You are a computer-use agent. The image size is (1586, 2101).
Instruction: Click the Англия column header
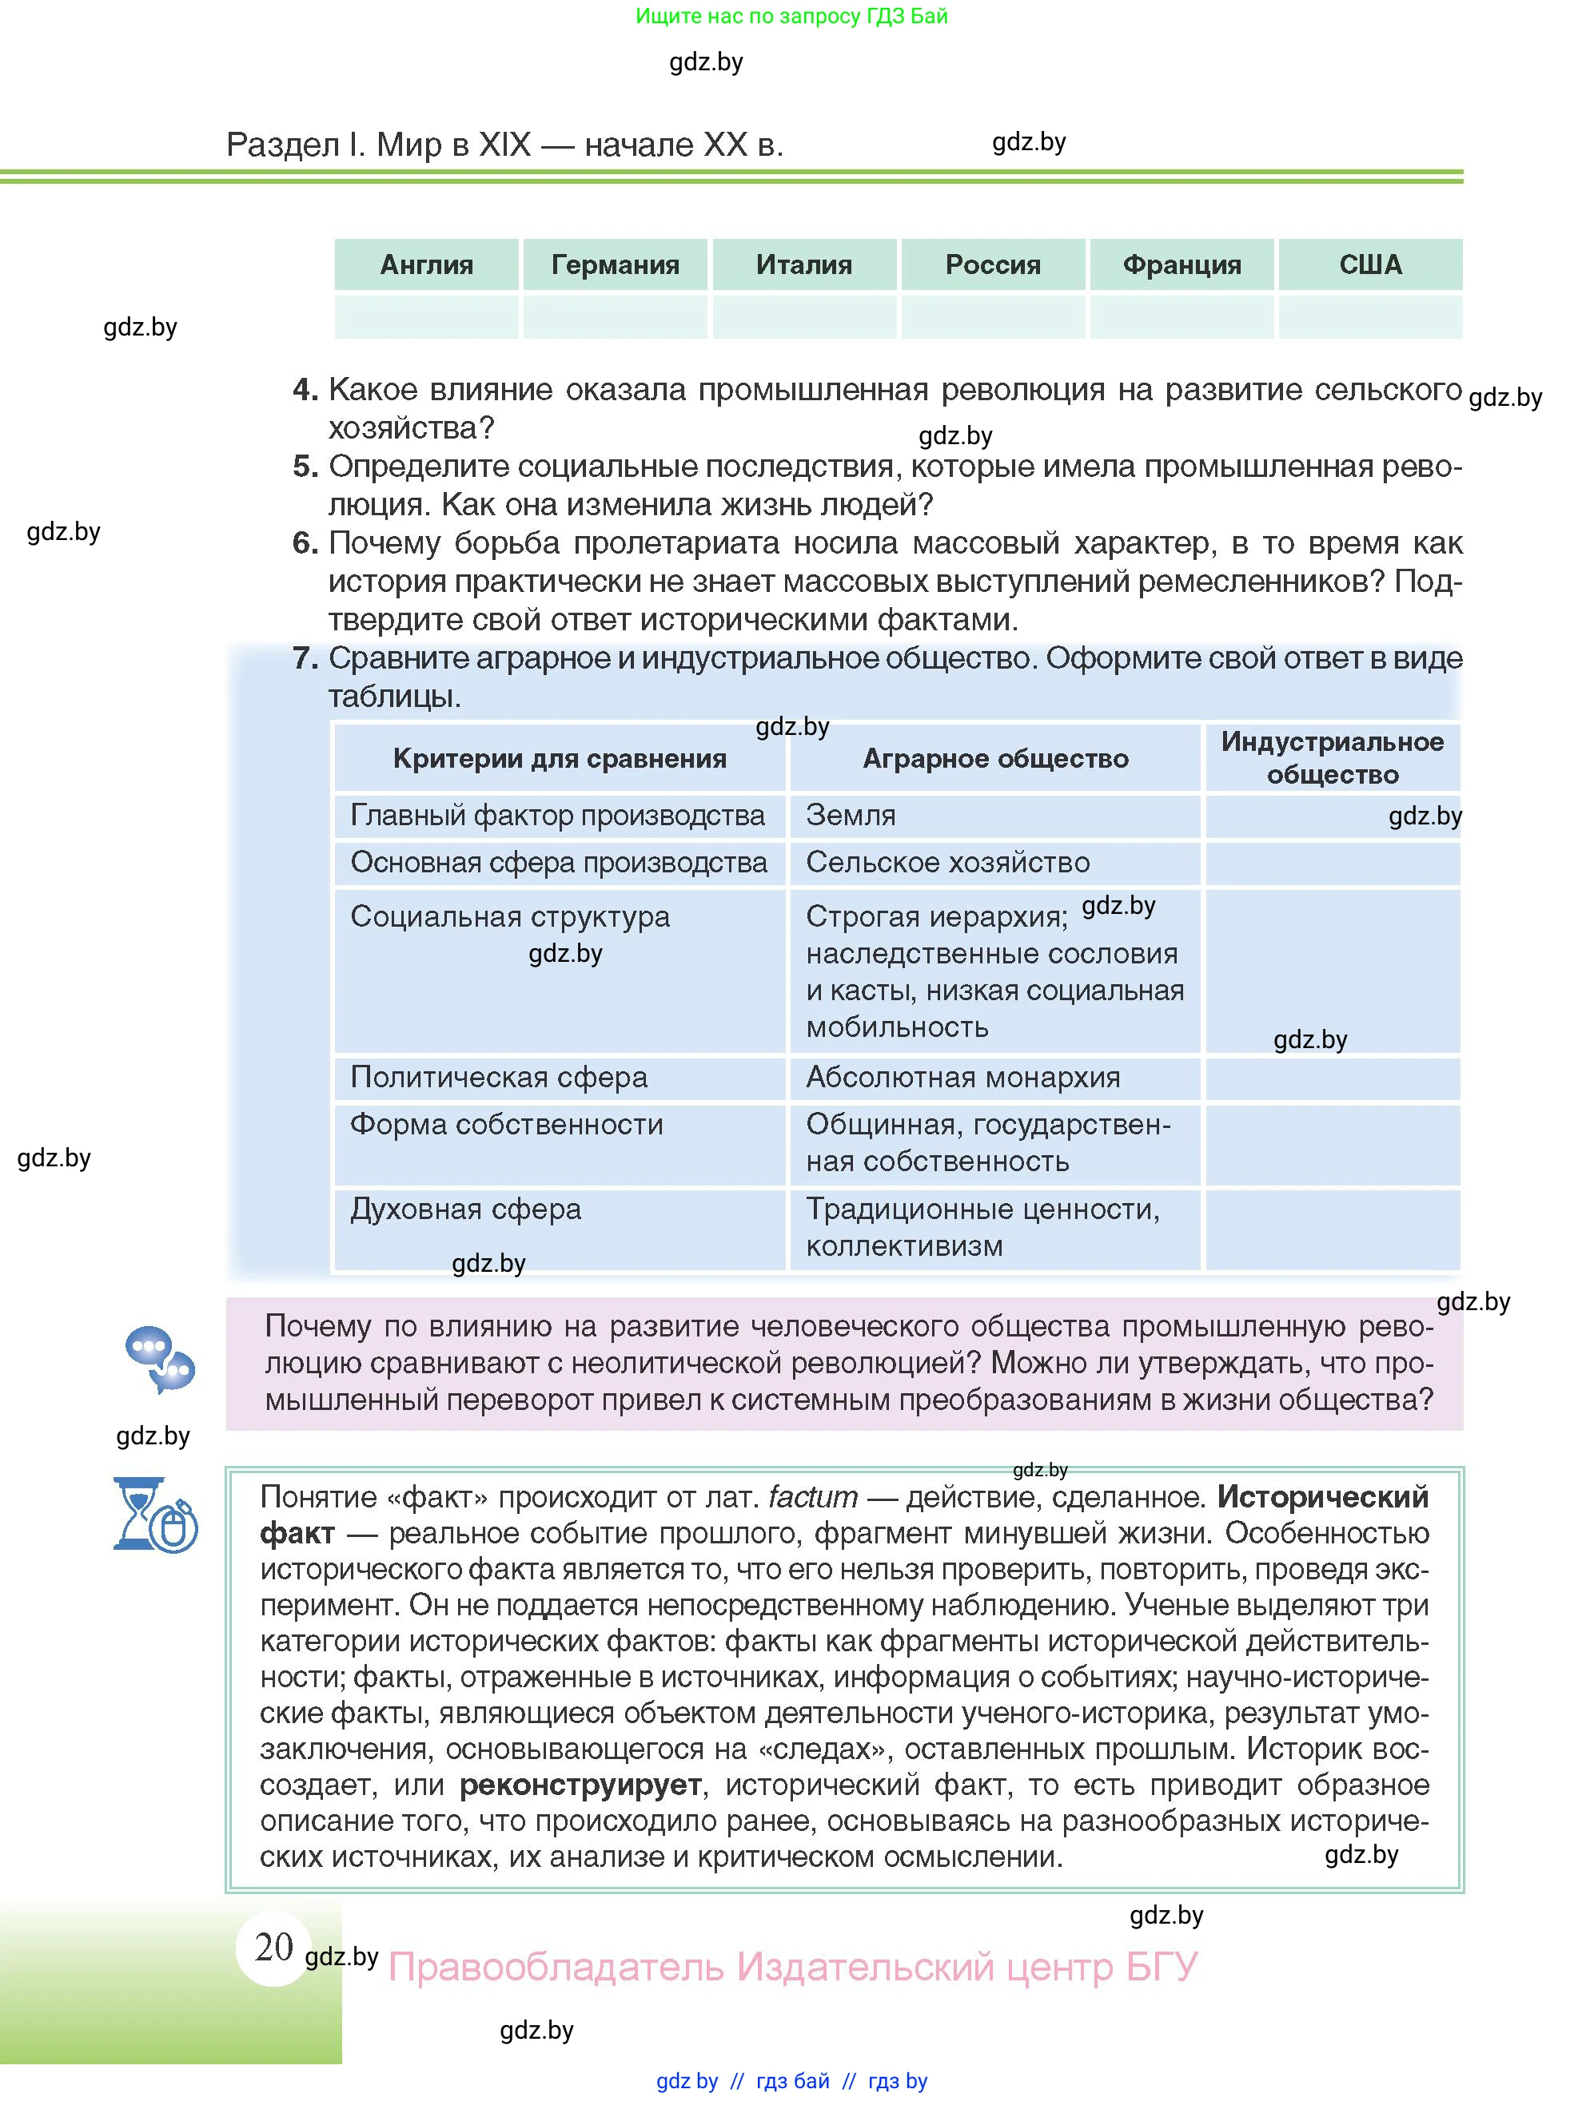pos(426,264)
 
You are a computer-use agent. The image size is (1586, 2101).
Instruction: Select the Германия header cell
pos(615,264)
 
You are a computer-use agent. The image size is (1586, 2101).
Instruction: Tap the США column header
pos(1369,264)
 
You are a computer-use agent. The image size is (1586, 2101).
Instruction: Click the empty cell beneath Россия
pos(992,316)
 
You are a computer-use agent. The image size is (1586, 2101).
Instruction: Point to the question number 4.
pos(304,389)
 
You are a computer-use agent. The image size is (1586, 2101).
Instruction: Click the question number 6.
pos(304,543)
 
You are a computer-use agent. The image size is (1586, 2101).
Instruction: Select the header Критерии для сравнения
pos(559,758)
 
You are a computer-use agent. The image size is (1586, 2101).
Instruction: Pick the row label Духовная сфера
pos(465,1209)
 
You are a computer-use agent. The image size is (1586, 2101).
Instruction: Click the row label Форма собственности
pos(507,1125)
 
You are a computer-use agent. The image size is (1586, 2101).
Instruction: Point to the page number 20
pos(273,1947)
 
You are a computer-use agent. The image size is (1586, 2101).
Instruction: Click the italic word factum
pos(812,1498)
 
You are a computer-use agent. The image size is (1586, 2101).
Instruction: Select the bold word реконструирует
pos(580,1785)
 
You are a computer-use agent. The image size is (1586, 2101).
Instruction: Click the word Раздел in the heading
pos(282,145)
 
